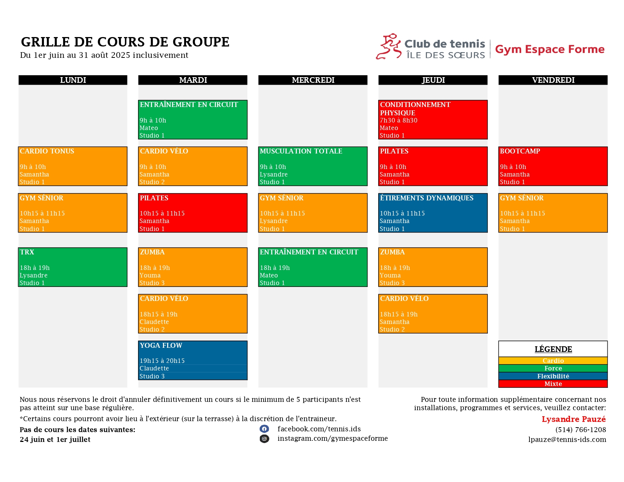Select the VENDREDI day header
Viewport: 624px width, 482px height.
(x=553, y=80)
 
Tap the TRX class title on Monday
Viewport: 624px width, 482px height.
(x=27, y=252)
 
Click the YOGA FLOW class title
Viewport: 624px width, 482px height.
(x=161, y=345)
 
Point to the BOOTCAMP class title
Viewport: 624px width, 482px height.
(x=520, y=151)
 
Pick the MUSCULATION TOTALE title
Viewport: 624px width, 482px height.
(x=301, y=151)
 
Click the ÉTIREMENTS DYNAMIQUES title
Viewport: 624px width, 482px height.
(x=427, y=198)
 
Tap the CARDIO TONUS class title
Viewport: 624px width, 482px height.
(x=47, y=151)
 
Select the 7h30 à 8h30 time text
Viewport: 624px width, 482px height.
(x=398, y=120)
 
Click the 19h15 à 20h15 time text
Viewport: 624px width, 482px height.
(x=162, y=361)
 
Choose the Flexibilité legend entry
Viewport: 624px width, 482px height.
(x=553, y=376)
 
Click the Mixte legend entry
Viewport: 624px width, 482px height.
(x=553, y=384)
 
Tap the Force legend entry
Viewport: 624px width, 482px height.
(x=553, y=368)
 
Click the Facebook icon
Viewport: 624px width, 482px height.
(x=264, y=429)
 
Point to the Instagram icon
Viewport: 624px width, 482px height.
(x=264, y=439)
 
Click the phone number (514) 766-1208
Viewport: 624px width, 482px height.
(x=581, y=429)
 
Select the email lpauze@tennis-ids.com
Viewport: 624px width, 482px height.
(x=567, y=440)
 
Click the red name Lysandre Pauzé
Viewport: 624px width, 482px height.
(x=573, y=419)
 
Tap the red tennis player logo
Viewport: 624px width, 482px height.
(x=388, y=46)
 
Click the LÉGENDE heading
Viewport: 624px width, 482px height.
(x=553, y=349)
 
